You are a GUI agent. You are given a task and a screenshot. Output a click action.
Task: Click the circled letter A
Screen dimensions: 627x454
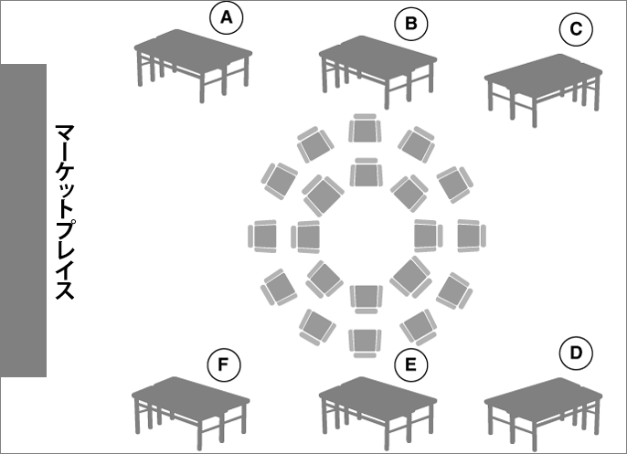[227, 17]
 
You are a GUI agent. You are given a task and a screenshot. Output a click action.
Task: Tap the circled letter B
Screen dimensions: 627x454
[410, 24]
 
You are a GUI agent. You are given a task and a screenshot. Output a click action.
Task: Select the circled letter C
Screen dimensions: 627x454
[576, 29]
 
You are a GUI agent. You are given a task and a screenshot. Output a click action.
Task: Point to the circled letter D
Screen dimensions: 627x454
[576, 353]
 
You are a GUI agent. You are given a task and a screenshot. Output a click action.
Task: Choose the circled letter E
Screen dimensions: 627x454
[410, 364]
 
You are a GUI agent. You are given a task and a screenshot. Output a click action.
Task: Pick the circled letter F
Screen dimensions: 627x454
[224, 364]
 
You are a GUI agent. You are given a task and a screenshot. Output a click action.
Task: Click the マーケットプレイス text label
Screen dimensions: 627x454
[65, 212]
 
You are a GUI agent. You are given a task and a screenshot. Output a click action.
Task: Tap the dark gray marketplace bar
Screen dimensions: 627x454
[23, 220]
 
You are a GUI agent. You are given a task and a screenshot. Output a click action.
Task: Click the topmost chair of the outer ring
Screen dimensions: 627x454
[365, 128]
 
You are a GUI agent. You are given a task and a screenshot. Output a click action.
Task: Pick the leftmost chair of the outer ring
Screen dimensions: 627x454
[262, 237]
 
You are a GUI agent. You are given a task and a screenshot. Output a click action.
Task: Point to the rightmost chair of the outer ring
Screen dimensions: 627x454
[472, 236]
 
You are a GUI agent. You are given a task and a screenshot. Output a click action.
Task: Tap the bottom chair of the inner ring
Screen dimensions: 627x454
[367, 300]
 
